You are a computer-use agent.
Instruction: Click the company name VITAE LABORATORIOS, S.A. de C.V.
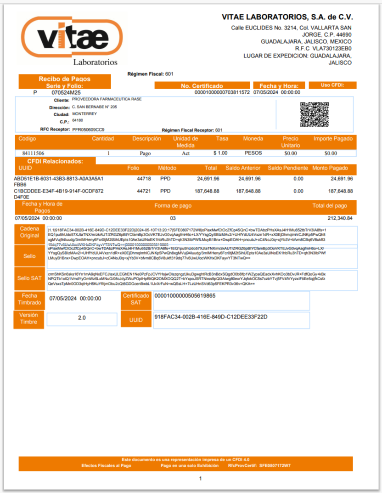[287, 17]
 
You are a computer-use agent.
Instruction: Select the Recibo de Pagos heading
[64, 79]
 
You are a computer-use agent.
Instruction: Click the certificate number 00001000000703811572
[222, 92]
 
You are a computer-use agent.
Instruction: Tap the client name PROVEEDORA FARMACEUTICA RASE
[107, 99]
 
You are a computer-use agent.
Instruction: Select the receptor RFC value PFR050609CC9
[89, 130]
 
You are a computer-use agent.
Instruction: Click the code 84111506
[33, 153]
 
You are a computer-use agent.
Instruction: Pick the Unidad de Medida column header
[185, 142]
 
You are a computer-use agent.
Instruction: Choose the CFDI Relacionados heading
[55, 161]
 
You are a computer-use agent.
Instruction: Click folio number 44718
[144, 179]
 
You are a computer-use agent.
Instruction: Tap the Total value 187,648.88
[208, 191]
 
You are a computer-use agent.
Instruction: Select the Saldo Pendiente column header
[288, 168]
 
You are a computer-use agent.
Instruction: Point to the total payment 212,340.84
[340, 218]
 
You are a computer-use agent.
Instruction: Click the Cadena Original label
[30, 232]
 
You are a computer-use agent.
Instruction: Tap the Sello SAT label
[30, 278]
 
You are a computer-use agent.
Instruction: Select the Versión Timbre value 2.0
[82, 318]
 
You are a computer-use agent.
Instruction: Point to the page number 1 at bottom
[200, 479]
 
